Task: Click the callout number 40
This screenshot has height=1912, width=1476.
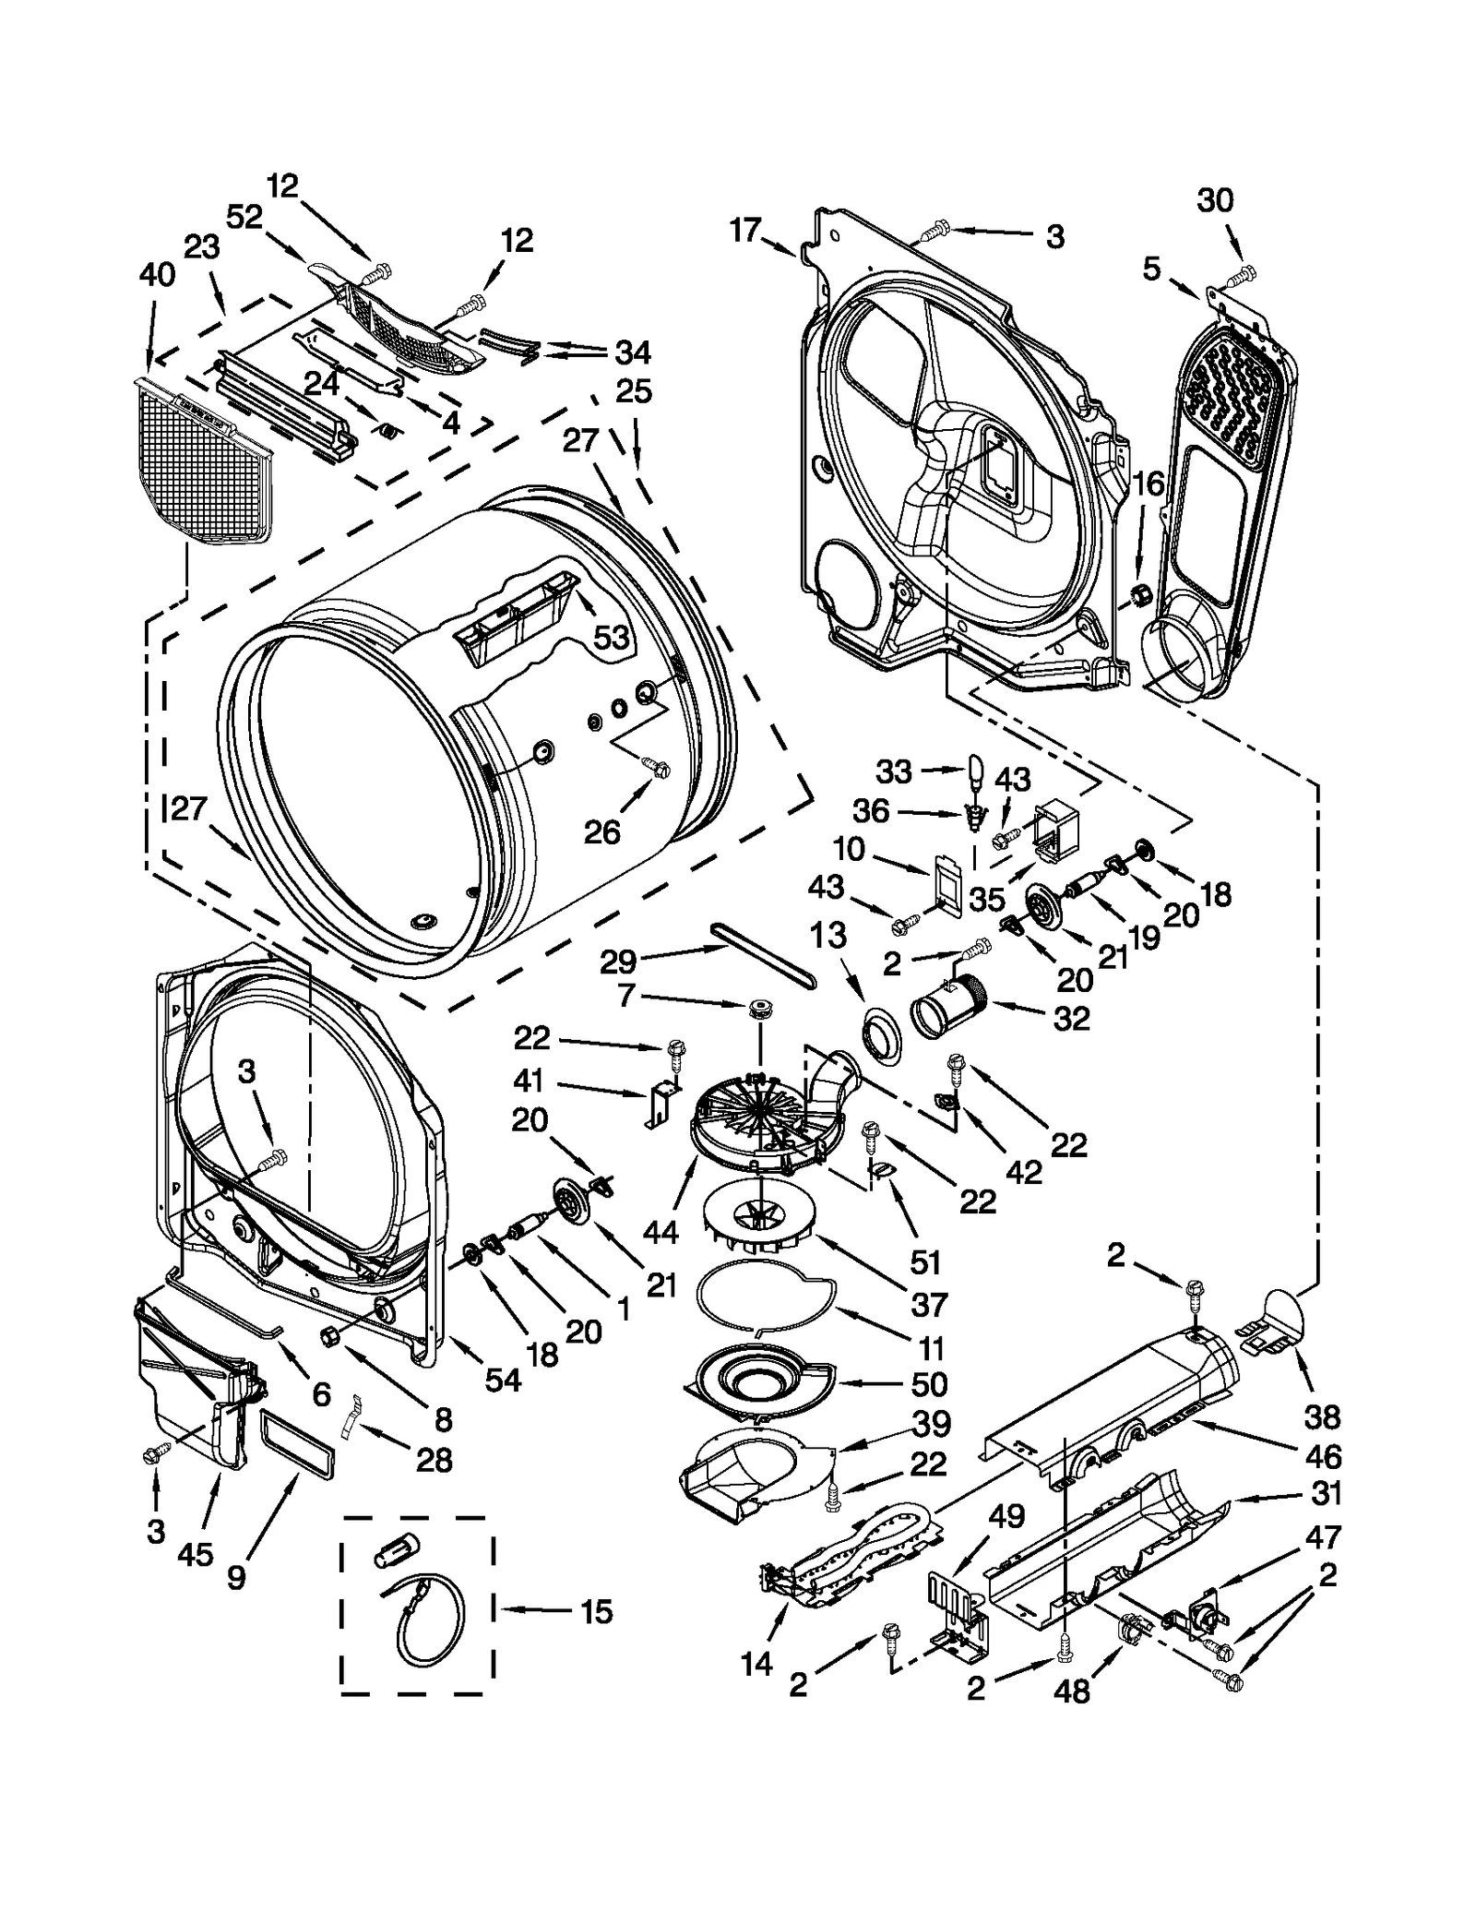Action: click(x=156, y=274)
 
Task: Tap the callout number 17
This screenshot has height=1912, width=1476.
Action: click(x=744, y=229)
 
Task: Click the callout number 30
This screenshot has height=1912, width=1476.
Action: click(x=1215, y=200)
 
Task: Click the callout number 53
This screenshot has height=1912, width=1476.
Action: click(x=610, y=637)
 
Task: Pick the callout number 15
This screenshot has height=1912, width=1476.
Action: click(x=597, y=1611)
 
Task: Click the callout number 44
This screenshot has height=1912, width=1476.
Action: click(x=661, y=1231)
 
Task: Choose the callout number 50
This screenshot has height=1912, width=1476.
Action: click(x=929, y=1383)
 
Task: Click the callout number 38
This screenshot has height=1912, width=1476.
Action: click(x=1322, y=1416)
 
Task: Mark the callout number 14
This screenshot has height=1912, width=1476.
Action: click(x=756, y=1663)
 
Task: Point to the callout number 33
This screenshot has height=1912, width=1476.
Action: click(x=893, y=771)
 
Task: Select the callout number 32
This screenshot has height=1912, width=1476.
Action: click(x=1071, y=1019)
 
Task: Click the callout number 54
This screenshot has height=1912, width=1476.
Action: click(x=504, y=1380)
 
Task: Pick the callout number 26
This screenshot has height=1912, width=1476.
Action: click(x=601, y=832)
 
